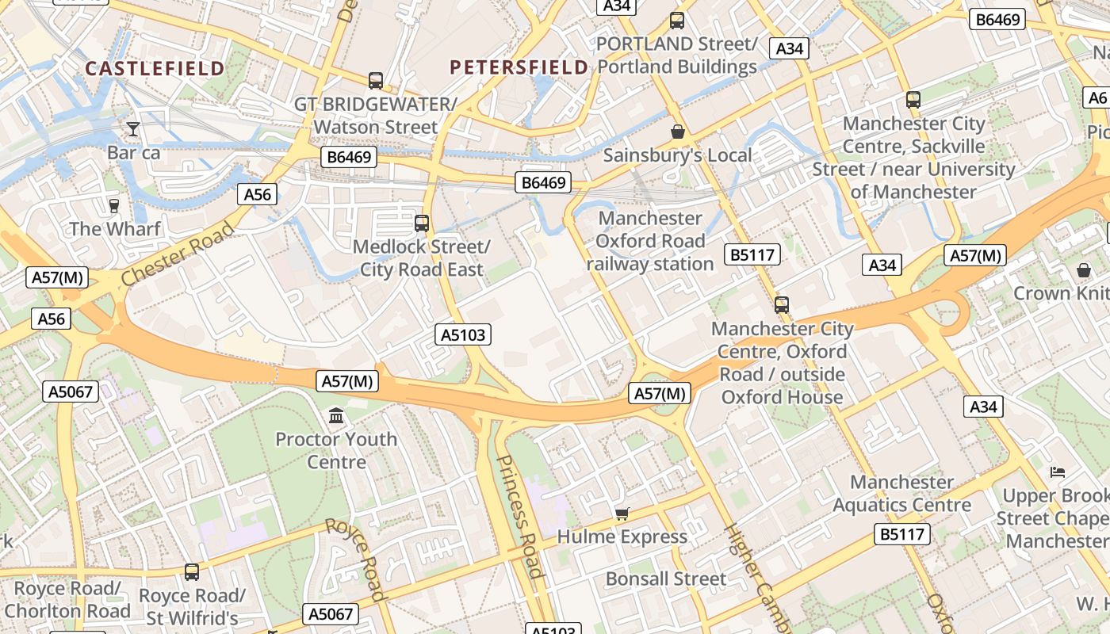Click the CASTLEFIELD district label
pyautogui.click(x=155, y=69)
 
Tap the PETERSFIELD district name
pyautogui.click(x=519, y=67)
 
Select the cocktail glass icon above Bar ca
pyautogui.click(x=133, y=128)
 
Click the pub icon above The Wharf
pyautogui.click(x=114, y=205)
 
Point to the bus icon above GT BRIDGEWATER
pyautogui.click(x=376, y=80)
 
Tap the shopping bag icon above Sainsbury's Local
pyautogui.click(x=677, y=132)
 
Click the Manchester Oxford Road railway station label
pyautogui.click(x=650, y=241)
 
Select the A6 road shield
pyautogui.click(x=1097, y=97)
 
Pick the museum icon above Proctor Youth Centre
pyautogui.click(x=336, y=415)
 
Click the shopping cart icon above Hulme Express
pyautogui.click(x=622, y=514)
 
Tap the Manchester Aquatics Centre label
pyautogui.click(x=901, y=493)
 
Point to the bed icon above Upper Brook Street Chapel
pyautogui.click(x=1058, y=472)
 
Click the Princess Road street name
pyautogui.click(x=520, y=517)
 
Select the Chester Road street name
pyautogui.click(x=178, y=254)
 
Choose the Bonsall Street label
pyautogui.click(x=665, y=579)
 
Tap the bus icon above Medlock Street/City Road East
pyautogui.click(x=422, y=223)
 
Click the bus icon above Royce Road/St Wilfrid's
pyautogui.click(x=192, y=571)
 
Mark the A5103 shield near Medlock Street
pyautogui.click(x=464, y=334)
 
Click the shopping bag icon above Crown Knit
pyautogui.click(x=1083, y=270)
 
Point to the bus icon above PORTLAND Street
pyautogui.click(x=677, y=21)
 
